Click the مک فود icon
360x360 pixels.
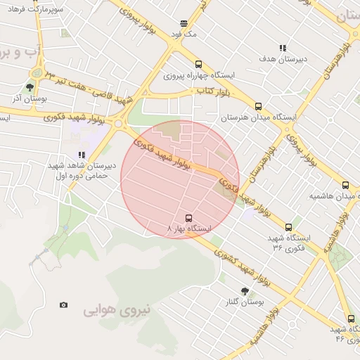(184, 23)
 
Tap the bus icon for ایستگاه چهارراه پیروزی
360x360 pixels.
(198, 64)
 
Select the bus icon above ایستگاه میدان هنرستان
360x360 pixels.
(258, 107)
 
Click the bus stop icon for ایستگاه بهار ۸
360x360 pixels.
(188, 219)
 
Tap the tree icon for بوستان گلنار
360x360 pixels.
(245, 291)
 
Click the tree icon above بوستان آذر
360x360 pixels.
(30, 88)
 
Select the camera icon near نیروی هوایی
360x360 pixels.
(64, 304)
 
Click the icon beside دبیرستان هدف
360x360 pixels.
(283, 48)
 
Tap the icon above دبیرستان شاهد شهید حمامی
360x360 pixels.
(82, 155)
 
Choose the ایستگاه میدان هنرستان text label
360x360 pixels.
(259, 117)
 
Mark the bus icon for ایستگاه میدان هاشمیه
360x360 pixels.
(344, 185)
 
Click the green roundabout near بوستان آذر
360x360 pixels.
(36, 72)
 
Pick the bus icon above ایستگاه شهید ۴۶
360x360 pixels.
(351, 319)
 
